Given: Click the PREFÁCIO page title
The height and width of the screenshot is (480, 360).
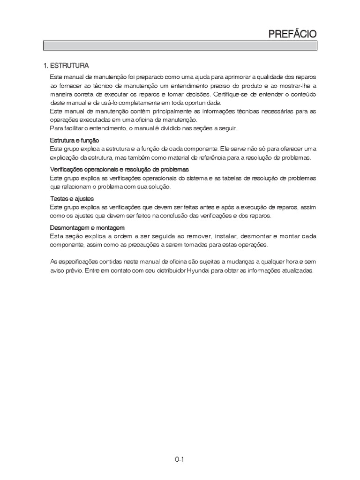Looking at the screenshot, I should coord(292,34).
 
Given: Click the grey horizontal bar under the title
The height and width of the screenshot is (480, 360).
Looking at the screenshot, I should coord(180,45).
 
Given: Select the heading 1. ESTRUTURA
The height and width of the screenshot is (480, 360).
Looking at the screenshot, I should coord(66,65).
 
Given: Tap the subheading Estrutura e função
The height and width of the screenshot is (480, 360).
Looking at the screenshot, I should coord(75,141).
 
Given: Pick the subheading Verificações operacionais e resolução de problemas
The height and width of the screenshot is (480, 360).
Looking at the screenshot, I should coord(119,169).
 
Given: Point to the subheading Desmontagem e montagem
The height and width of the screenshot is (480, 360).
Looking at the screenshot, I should coord(87,228).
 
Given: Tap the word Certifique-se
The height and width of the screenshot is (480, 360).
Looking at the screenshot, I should coord(233,94).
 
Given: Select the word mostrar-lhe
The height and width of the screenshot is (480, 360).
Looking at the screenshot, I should coord(291,85).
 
